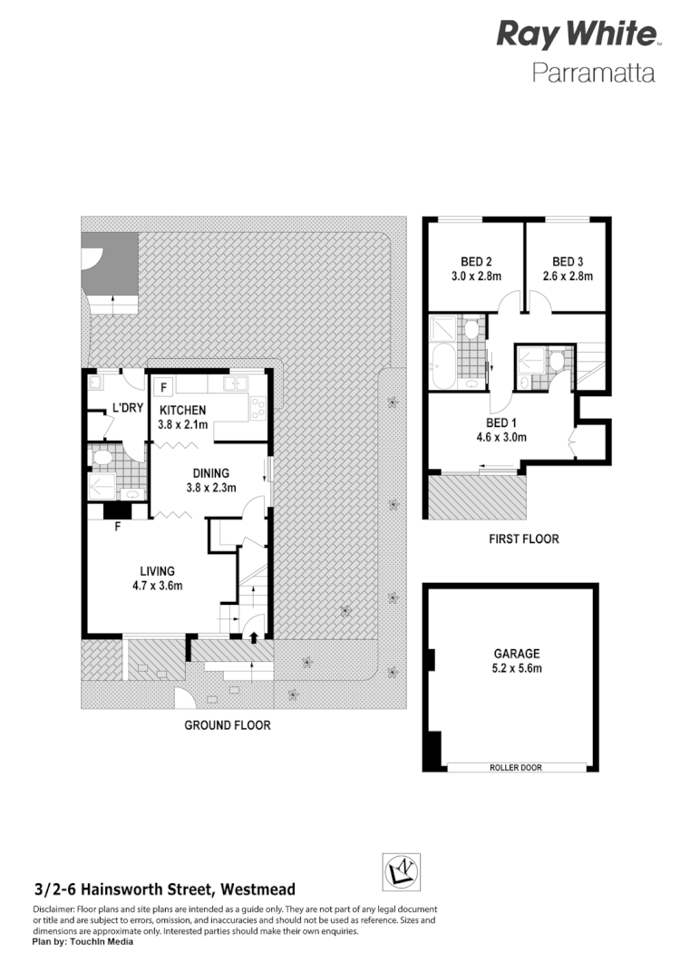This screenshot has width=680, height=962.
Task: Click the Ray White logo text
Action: click(576, 35)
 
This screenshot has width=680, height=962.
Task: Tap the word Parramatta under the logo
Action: click(593, 73)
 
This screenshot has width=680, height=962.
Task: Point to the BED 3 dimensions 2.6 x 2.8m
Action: click(568, 277)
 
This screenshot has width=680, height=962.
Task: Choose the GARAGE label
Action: click(517, 653)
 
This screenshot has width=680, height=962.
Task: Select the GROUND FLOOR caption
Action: click(227, 724)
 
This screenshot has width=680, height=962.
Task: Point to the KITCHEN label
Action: click(184, 410)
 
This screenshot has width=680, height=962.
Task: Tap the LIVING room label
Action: click(157, 570)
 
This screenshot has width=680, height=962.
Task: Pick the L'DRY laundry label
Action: click(128, 408)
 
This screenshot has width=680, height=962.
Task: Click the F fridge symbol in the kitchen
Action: click(164, 387)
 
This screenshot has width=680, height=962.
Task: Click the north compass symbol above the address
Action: click(398, 873)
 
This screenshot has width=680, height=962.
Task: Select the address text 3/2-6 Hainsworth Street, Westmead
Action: click(164, 890)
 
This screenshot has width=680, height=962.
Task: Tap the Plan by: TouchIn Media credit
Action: click(83, 941)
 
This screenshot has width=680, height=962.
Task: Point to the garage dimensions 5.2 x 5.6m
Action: click(517, 667)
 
